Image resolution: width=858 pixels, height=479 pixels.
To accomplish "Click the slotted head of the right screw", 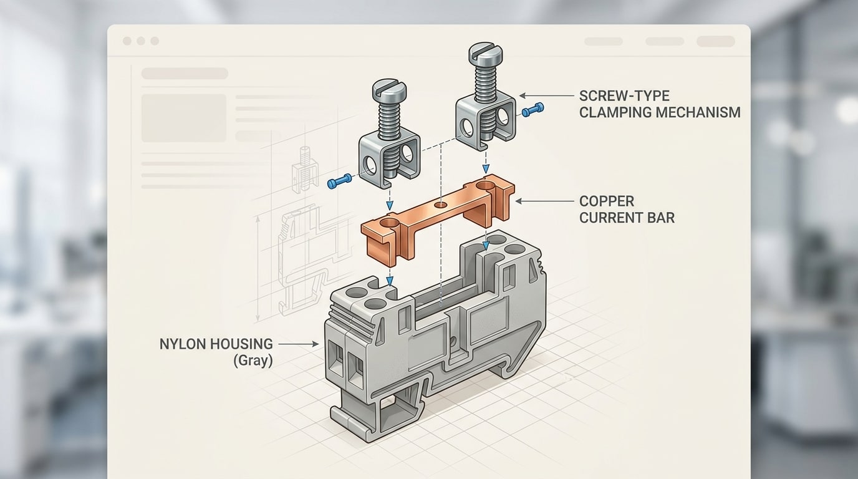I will [x=485, y=54].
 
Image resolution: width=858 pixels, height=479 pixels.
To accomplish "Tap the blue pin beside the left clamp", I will [x=339, y=182].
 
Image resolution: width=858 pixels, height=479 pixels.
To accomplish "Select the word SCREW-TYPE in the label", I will [x=615, y=96].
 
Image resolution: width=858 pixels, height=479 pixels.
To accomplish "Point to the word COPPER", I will [x=607, y=201].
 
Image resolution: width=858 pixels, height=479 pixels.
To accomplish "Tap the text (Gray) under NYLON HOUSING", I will [x=253, y=360].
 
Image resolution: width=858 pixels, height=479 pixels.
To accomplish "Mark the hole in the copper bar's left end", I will [x=389, y=222].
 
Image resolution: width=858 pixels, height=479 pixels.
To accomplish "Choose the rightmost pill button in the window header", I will [x=715, y=41].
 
